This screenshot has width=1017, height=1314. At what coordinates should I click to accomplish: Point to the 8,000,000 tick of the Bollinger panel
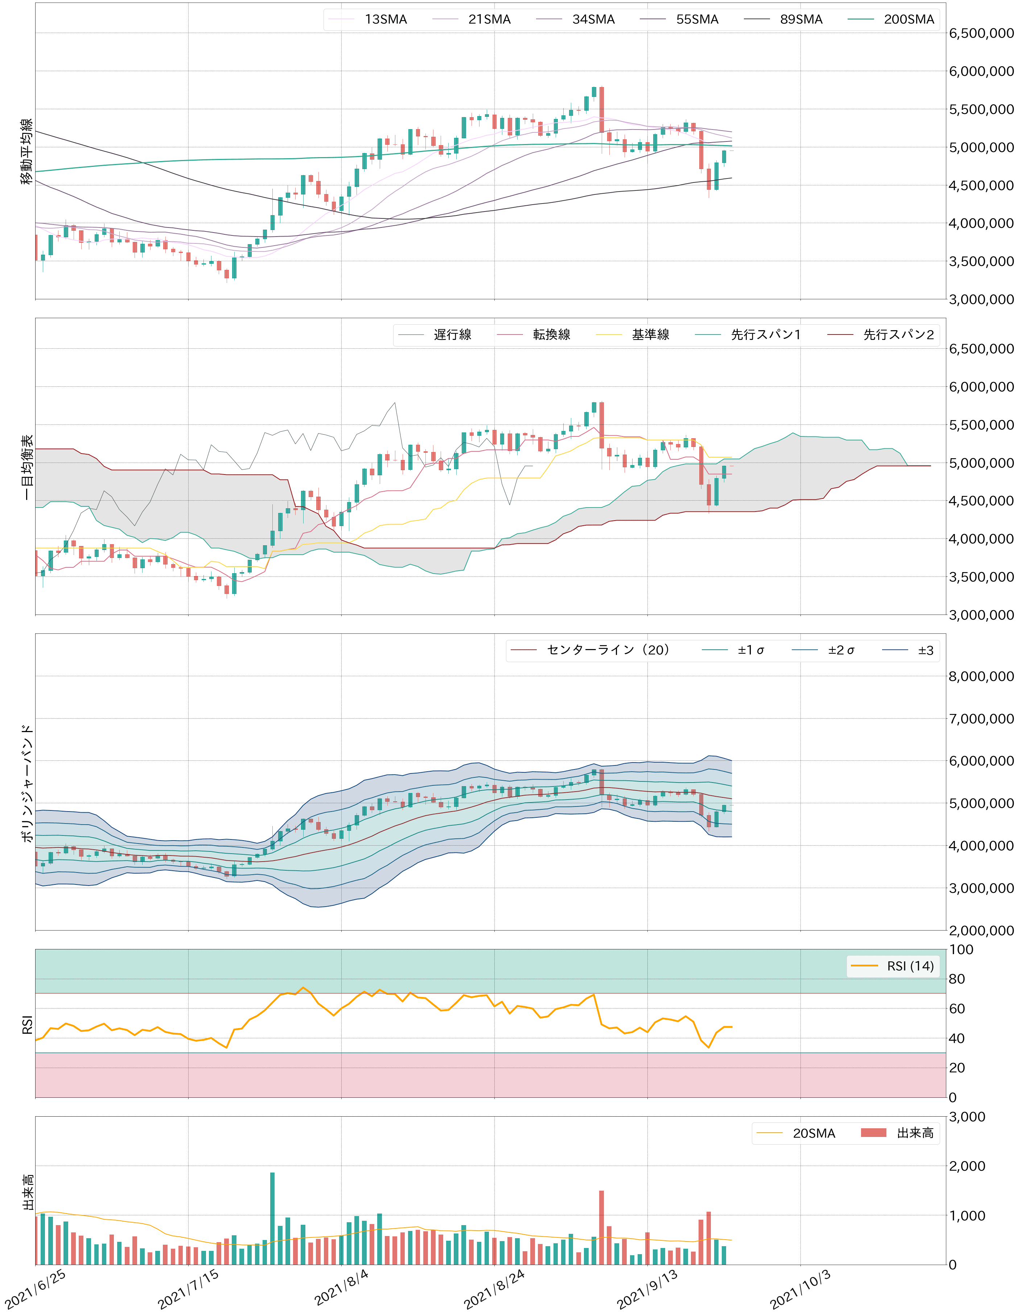click(981, 676)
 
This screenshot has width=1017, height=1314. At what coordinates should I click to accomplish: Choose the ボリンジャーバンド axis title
click(27, 782)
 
